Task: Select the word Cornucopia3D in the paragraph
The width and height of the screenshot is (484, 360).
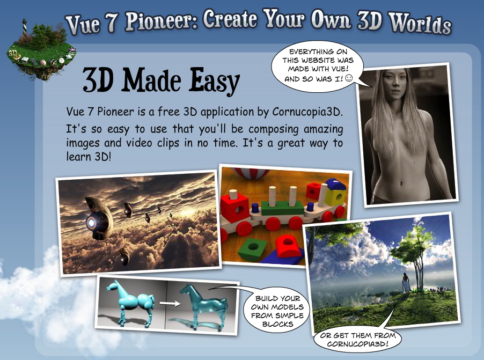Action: tap(307, 112)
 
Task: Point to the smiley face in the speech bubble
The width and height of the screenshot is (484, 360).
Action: tap(349, 78)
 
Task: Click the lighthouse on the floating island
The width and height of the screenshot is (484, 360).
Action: tap(24, 27)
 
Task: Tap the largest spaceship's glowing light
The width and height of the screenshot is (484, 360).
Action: tap(91, 222)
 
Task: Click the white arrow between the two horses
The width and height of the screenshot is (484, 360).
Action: tap(170, 304)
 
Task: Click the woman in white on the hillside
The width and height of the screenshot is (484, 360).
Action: tap(406, 283)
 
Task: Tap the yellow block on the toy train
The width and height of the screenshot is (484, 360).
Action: tap(335, 197)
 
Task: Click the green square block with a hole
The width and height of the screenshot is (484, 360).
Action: tap(253, 248)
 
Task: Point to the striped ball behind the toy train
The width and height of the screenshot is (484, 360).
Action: tap(251, 173)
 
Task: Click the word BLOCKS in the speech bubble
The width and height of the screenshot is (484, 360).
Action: tap(277, 324)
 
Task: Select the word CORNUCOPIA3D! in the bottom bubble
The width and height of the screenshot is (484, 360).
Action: tap(357, 344)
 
